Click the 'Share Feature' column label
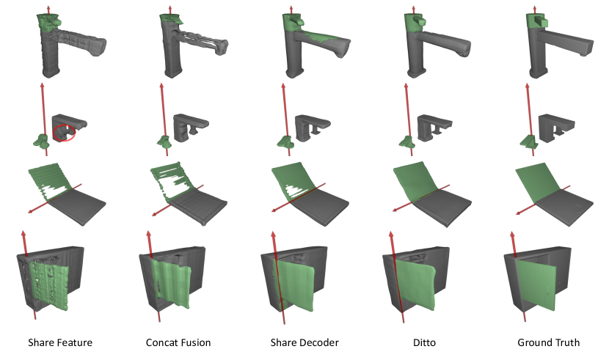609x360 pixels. tap(60, 342)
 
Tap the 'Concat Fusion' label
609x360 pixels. tap(178, 342)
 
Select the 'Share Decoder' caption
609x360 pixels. tap(304, 342)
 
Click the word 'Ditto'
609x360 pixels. tap(424, 342)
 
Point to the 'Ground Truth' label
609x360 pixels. tap(548, 342)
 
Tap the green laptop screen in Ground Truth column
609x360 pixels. tap(539, 183)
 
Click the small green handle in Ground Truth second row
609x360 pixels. tap(528, 142)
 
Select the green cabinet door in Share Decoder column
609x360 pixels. tap(294, 285)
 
